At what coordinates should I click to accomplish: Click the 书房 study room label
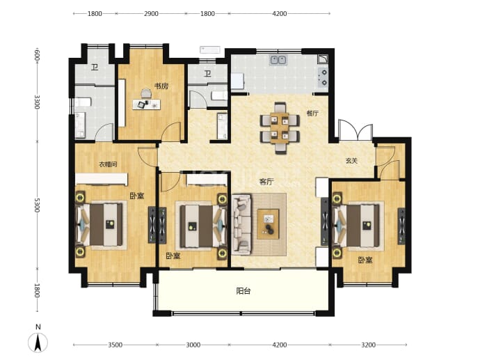(x=161, y=86)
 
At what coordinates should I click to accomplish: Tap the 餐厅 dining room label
(x=312, y=114)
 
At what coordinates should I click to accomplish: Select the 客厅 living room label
(x=266, y=182)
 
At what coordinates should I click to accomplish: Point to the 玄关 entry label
(x=351, y=161)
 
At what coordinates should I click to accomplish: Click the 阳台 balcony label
(x=243, y=291)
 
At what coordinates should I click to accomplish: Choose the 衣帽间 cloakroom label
(x=108, y=164)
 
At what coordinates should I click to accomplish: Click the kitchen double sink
(x=278, y=60)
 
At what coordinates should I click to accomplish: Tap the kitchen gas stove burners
(x=323, y=77)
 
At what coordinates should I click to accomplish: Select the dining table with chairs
(x=280, y=128)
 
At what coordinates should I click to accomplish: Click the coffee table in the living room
(x=268, y=224)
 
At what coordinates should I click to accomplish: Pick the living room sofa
(x=242, y=225)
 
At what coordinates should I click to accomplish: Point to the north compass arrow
(x=38, y=343)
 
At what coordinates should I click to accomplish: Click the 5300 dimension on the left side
(x=37, y=205)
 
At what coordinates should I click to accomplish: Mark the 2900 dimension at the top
(x=151, y=13)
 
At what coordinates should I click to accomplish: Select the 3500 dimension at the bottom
(x=115, y=345)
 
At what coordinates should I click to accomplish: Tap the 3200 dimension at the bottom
(x=368, y=345)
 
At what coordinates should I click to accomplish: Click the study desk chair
(x=146, y=93)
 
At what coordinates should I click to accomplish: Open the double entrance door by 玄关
(x=355, y=130)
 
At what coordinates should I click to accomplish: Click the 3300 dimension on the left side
(x=37, y=102)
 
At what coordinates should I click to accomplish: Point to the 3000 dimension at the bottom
(x=193, y=345)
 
